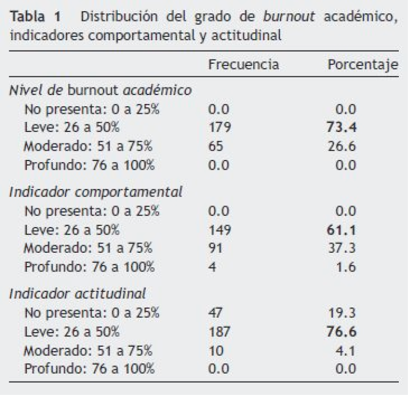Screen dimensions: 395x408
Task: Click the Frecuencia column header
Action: [244, 65]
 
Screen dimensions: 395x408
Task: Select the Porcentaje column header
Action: [363, 65]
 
